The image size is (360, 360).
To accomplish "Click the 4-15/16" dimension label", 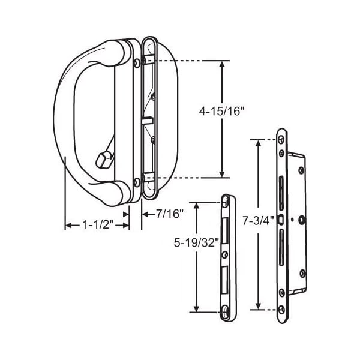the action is pos(221,112).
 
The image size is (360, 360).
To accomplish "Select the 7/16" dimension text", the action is pos(170,214).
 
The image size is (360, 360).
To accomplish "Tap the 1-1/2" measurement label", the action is pos(98,224).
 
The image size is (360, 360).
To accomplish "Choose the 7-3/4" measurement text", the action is pos(258,221).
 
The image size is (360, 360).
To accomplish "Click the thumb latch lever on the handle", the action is pos(104,158).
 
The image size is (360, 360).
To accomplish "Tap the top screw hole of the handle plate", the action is pos(137,63).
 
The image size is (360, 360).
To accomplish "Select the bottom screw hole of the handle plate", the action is pos(137,182).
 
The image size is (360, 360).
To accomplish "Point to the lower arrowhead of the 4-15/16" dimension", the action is pos(221,175).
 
